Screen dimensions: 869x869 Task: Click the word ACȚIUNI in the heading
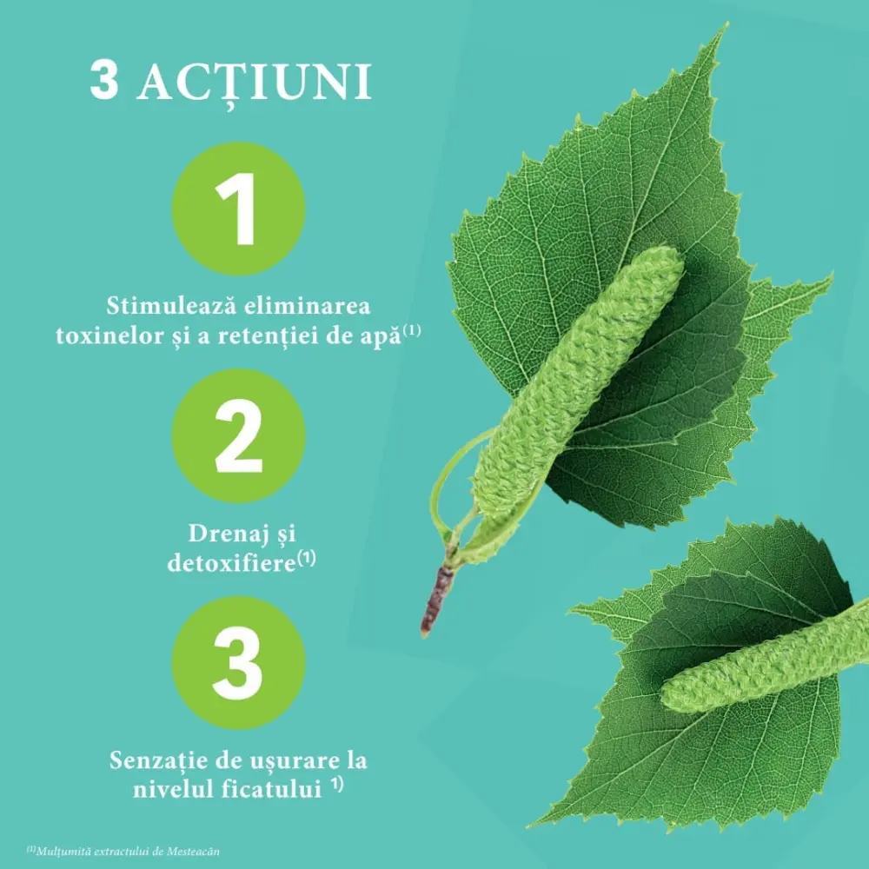tap(255, 83)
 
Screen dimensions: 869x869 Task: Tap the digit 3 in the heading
tap(103, 81)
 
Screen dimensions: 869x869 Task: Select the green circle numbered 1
tap(238, 209)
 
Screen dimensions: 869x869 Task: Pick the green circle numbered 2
tap(238, 435)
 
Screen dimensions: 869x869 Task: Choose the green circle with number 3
tap(238, 663)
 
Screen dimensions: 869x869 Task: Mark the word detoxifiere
tap(231, 563)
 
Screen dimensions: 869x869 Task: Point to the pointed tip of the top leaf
tap(726, 25)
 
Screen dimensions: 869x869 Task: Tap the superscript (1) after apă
tap(412, 331)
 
